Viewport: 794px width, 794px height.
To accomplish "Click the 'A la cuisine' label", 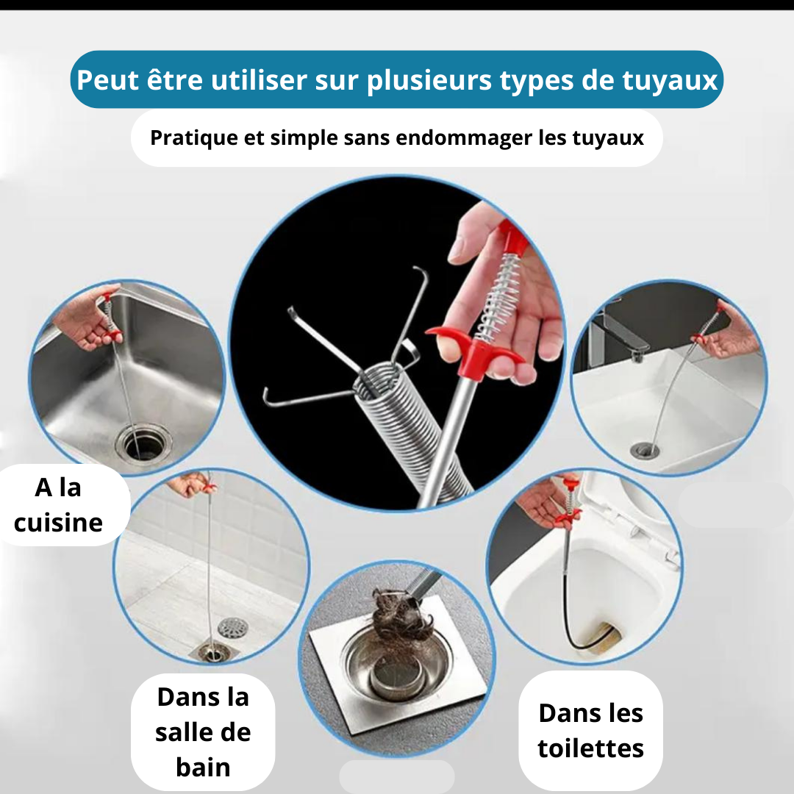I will click(59, 505).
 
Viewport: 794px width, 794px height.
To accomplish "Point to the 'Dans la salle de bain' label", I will click(203, 732).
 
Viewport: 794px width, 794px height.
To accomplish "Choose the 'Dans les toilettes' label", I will click(591, 730).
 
